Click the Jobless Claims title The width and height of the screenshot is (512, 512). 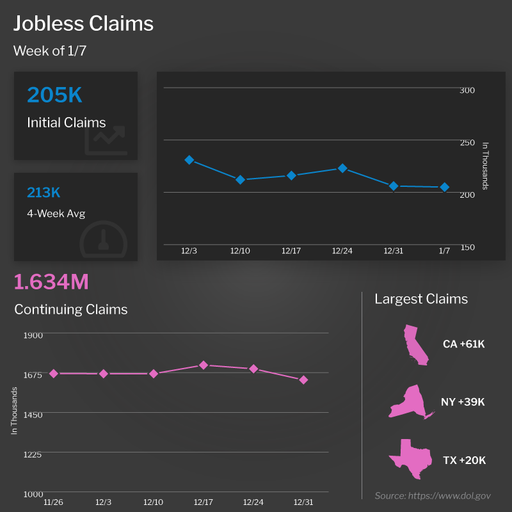click(x=84, y=24)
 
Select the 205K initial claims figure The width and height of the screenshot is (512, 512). click(x=54, y=95)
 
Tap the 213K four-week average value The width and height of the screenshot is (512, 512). click(x=44, y=193)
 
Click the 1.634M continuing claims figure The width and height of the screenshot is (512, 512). click(x=51, y=282)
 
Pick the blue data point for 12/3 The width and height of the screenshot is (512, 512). click(x=189, y=160)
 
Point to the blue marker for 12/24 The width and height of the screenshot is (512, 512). click(x=342, y=168)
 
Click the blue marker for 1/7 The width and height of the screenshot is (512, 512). click(x=444, y=187)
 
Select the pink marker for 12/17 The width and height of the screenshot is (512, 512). click(x=204, y=365)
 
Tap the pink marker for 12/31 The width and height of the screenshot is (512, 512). click(x=304, y=380)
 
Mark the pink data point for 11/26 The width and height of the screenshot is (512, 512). click(x=54, y=373)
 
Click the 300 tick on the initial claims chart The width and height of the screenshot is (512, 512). click(x=467, y=90)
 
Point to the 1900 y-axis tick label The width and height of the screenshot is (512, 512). click(x=33, y=335)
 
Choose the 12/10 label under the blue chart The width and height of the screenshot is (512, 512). click(x=240, y=250)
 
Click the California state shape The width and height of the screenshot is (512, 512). click(x=414, y=346)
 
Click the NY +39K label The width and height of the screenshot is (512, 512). click(x=463, y=402)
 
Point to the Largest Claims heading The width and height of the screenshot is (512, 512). click(x=421, y=299)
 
